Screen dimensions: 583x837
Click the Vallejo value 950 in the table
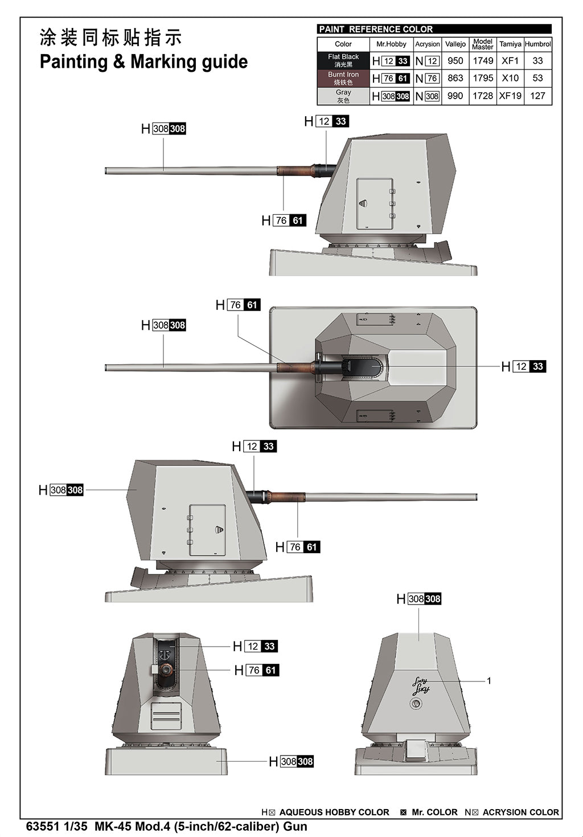(455, 60)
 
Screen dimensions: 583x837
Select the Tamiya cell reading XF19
(510, 96)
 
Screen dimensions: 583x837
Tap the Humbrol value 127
(537, 96)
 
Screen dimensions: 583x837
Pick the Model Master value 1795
(483, 78)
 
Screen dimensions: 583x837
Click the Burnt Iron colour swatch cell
(343, 78)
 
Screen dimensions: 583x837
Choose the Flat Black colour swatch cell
(343, 60)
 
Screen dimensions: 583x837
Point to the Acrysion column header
(428, 44)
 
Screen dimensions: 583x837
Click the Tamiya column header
(510, 44)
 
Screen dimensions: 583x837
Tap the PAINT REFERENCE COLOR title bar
(434, 29)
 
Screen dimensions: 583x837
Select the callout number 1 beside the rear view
(489, 681)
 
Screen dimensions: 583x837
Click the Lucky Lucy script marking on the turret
(421, 686)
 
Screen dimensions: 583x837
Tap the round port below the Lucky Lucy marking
(416, 704)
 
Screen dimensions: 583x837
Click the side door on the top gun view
(375, 203)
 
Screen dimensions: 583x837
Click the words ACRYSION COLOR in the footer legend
(520, 812)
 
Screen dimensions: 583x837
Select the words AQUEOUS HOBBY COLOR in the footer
(334, 812)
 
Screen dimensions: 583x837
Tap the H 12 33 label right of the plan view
(524, 366)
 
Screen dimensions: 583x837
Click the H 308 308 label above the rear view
(418, 599)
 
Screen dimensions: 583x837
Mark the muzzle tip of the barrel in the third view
(477, 497)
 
